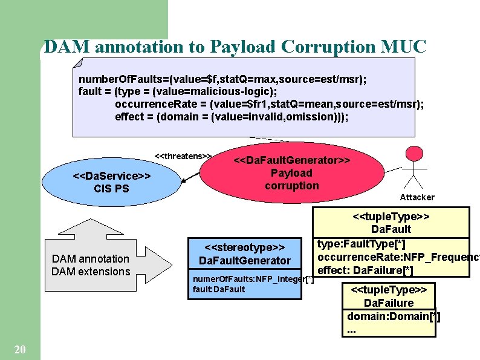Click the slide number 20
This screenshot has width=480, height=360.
pos(19,349)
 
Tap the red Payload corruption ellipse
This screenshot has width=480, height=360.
pos(291,173)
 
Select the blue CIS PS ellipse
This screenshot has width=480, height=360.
pos(111,182)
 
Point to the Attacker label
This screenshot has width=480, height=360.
pos(417,197)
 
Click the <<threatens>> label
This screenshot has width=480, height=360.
pos(183,156)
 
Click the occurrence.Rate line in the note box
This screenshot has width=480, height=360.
pos(269,104)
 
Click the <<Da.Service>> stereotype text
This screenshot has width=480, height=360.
pos(111,175)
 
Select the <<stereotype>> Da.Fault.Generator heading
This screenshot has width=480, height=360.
pos(245,254)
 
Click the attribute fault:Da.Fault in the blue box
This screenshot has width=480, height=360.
pos(218,289)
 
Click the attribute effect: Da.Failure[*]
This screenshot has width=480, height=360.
pos(365,270)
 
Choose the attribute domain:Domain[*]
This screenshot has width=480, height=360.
pos(394,316)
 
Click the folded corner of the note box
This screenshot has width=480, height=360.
pos(78,62)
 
